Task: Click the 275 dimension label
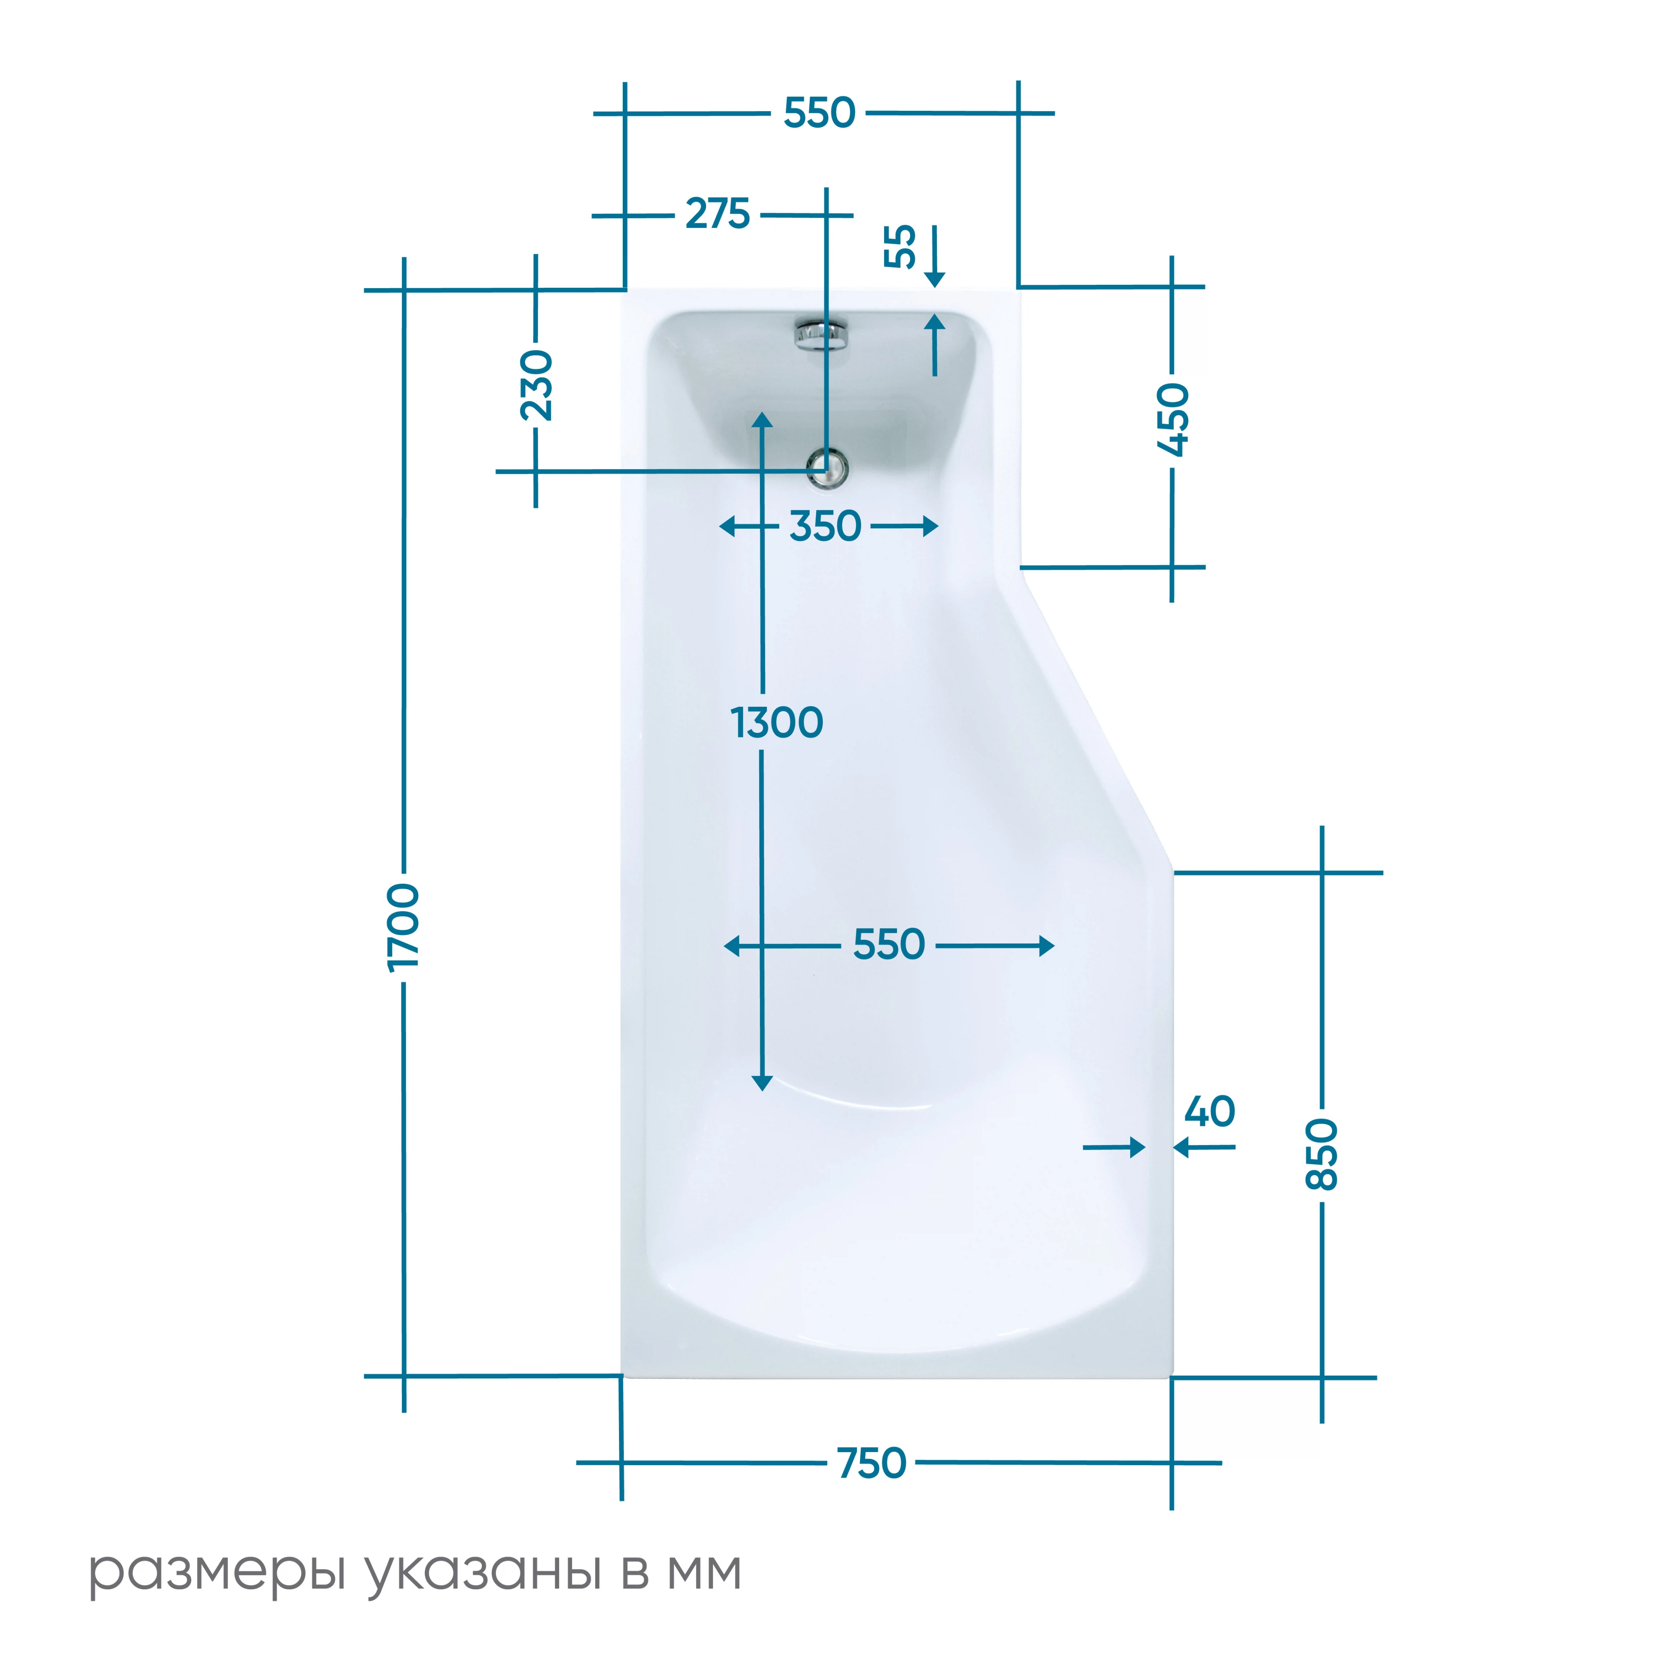(718, 214)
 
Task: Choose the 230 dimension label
(536, 385)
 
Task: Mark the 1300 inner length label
(777, 722)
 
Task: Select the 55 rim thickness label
(900, 247)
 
